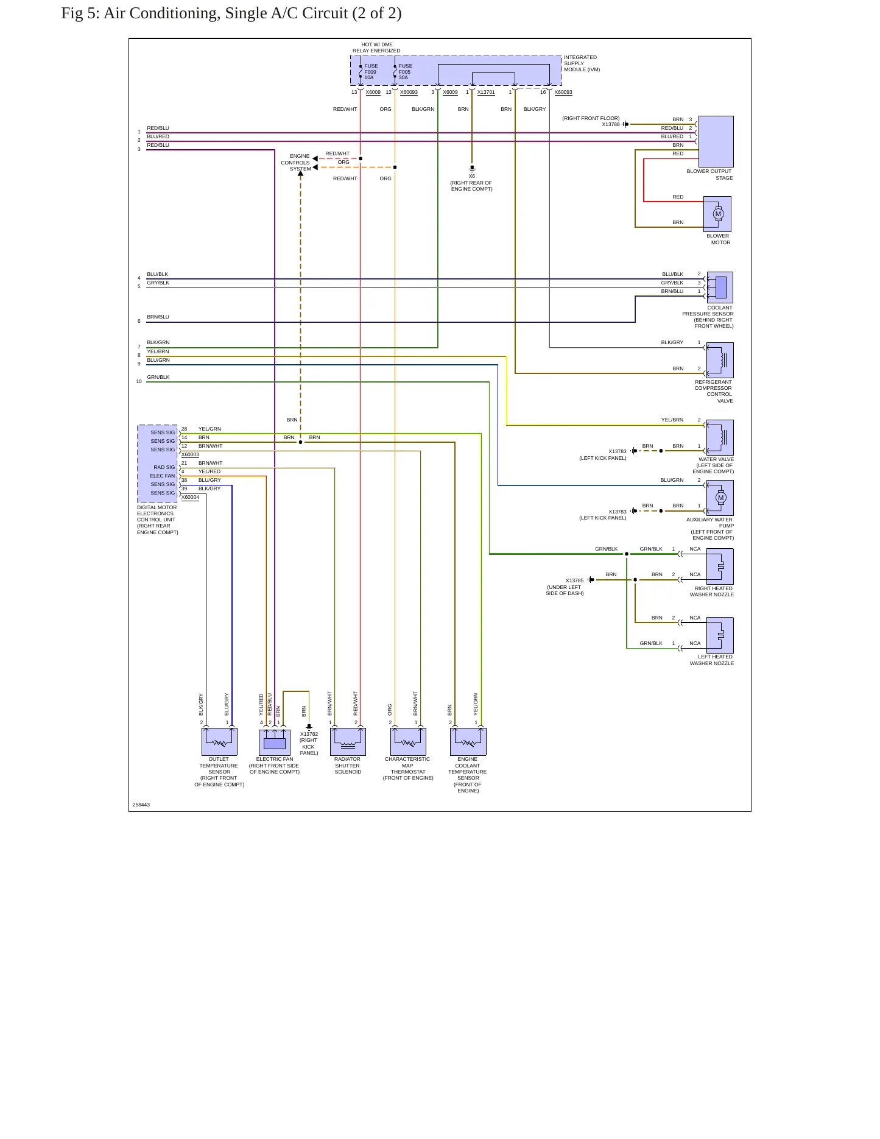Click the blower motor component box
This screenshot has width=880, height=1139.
tap(717, 214)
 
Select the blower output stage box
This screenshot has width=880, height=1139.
tap(716, 141)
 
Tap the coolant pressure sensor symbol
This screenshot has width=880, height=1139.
tap(719, 287)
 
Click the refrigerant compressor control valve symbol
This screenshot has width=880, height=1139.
tap(720, 360)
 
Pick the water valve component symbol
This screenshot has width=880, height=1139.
tap(720, 437)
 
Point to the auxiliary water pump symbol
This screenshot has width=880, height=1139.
tap(720, 498)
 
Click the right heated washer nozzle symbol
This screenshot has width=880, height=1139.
tap(720, 566)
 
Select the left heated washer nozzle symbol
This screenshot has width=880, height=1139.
tap(720, 635)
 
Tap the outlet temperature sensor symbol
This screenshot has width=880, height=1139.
tap(219, 742)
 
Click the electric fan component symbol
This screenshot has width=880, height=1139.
tap(275, 742)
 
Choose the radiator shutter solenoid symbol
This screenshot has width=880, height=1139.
tap(348, 742)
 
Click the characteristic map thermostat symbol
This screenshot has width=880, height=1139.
tap(408, 742)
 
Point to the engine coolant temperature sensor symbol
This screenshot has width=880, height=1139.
tap(468, 742)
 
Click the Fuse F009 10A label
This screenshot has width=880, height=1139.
tap(371, 72)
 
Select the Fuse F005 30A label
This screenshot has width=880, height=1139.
tap(406, 72)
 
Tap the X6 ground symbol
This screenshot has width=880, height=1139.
tap(472, 168)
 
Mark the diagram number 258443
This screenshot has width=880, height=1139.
tap(141, 805)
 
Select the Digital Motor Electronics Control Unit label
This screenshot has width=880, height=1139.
tap(158, 520)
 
